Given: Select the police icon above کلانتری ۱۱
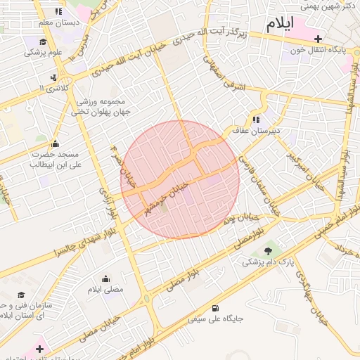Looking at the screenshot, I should click(x=54, y=77).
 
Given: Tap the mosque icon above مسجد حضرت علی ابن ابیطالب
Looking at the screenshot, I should click(x=55, y=144).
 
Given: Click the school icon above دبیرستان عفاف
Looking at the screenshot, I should click(x=257, y=120).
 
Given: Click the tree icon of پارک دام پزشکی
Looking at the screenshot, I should click(x=267, y=251).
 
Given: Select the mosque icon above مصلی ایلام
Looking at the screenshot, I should click(x=105, y=278).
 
